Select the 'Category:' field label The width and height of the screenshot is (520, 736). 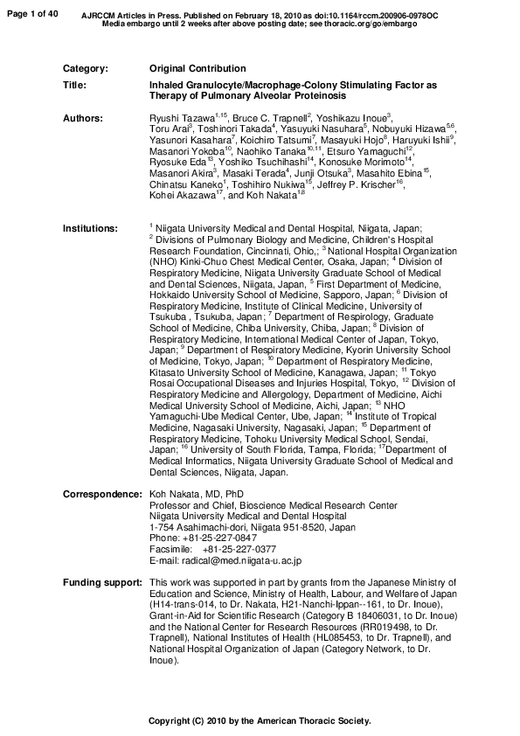coord(86,68)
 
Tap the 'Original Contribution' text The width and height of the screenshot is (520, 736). coord(198,68)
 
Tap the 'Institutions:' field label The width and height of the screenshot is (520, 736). coord(90,228)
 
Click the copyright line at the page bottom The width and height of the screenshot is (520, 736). coord(260,722)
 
